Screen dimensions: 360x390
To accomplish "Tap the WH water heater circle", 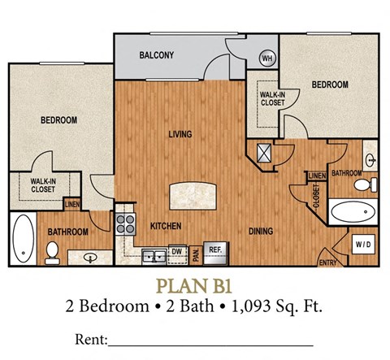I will [266, 59].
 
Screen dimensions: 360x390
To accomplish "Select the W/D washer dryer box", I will [362, 244].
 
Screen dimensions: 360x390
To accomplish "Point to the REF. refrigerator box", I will [215, 250].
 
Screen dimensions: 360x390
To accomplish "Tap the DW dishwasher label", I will [174, 251].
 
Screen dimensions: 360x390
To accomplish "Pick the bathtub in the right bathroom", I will [355, 213].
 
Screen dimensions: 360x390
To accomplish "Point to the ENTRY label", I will [328, 262].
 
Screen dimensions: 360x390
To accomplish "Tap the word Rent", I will [90, 338].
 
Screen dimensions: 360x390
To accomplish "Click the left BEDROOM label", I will [58, 120].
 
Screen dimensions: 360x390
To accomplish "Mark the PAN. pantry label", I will [196, 254].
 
